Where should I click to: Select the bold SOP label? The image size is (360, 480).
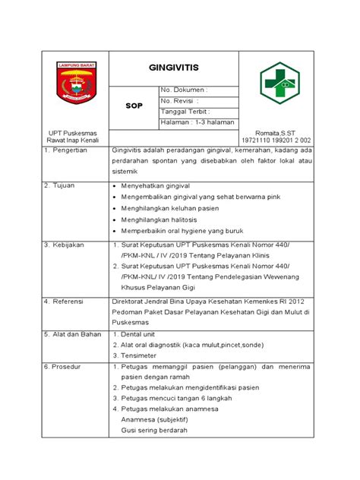point(134,107)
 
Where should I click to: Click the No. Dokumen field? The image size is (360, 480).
point(184,90)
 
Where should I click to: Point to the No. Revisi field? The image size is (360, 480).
point(181,101)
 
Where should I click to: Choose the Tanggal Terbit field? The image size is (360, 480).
point(187,112)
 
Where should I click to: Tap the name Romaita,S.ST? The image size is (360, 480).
point(276,131)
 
